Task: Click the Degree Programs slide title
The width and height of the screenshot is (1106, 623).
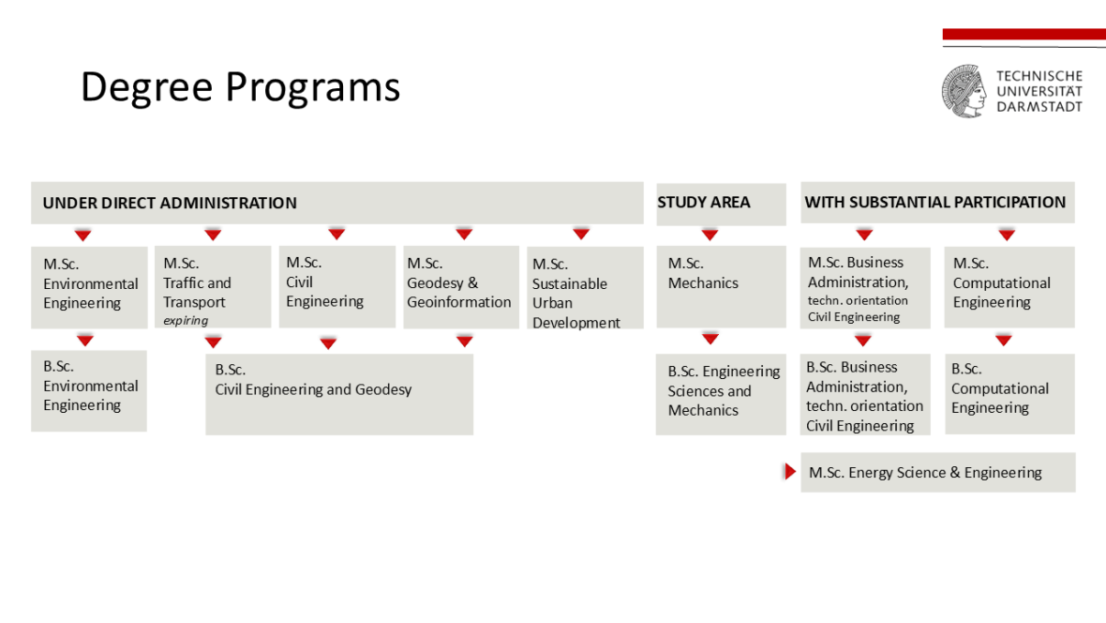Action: [x=241, y=87]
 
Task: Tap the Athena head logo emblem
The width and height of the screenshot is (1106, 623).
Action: [x=964, y=91]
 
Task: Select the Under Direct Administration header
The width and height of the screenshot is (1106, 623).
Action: [x=337, y=203]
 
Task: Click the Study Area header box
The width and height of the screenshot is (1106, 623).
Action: [x=721, y=205]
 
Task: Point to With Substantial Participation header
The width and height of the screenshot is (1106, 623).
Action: [x=937, y=203]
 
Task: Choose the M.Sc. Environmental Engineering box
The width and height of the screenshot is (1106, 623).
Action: [x=89, y=287]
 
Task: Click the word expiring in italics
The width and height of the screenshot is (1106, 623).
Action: [x=186, y=321]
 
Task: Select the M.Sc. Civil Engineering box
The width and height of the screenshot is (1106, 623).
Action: [x=337, y=286]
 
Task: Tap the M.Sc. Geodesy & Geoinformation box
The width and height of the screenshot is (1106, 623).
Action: [x=461, y=287]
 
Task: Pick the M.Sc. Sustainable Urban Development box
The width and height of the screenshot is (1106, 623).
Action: [x=585, y=287]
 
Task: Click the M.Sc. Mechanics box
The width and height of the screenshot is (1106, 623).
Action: [x=721, y=286]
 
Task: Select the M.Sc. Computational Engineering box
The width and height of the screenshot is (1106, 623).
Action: [x=1009, y=287]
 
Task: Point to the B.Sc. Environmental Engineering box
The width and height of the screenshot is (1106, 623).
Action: [x=89, y=390]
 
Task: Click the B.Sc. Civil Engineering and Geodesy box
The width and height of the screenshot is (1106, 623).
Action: [x=339, y=394]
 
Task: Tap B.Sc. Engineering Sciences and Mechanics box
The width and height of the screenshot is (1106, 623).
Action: [x=721, y=394]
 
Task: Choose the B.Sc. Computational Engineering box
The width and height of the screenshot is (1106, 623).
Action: [x=1009, y=393]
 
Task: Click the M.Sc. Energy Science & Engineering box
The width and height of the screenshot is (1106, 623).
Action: [x=938, y=472]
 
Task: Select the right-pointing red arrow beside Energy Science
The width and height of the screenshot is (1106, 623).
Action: [x=790, y=471]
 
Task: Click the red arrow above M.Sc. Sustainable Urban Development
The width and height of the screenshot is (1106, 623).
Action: [x=581, y=234]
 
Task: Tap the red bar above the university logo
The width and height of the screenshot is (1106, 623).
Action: [x=1024, y=34]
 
